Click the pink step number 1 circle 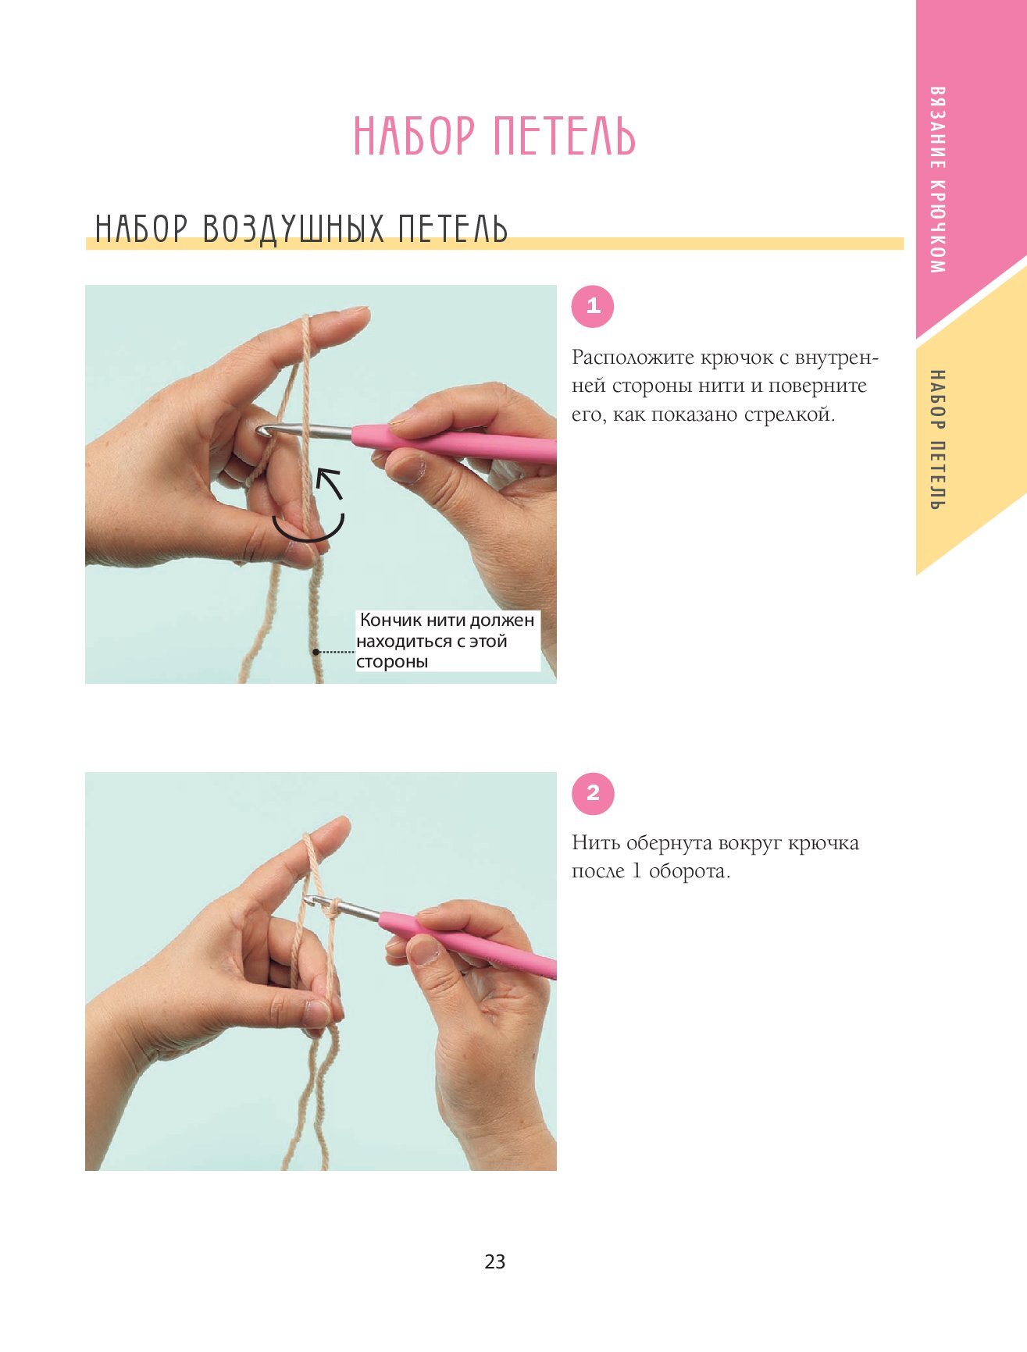(x=593, y=306)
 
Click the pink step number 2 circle (x=593, y=794)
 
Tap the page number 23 (x=495, y=1261)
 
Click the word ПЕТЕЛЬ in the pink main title (x=565, y=136)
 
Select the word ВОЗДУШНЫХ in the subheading (x=293, y=229)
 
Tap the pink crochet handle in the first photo (x=454, y=443)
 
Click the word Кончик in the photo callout (x=390, y=620)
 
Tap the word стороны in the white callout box (x=392, y=662)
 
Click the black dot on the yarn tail (x=316, y=652)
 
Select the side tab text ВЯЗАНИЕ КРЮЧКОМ (x=938, y=180)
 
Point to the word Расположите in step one (x=633, y=358)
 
